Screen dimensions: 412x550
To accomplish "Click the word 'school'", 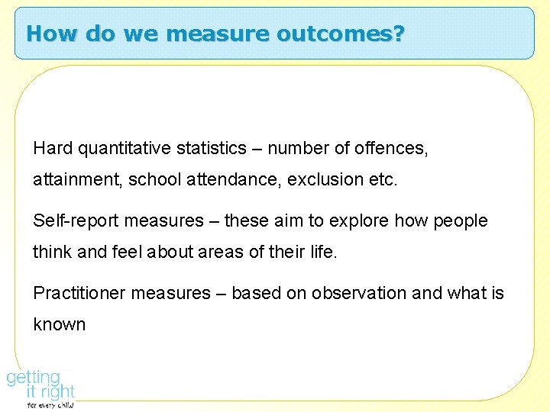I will [154, 179].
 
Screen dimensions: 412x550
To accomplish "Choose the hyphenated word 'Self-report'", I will [76, 221].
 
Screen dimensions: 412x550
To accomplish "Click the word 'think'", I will [51, 252].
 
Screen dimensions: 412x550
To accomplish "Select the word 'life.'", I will [321, 252].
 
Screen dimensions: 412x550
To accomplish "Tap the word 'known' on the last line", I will [59, 324].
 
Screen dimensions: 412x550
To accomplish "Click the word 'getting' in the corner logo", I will [34, 378].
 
